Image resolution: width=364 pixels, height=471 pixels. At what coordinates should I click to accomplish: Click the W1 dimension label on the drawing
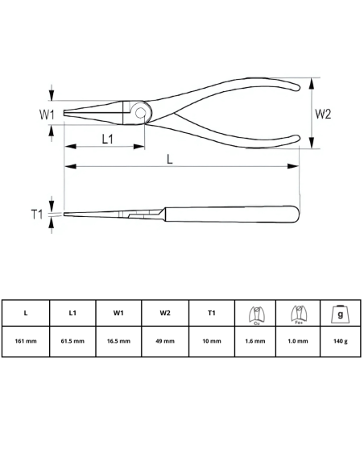(48, 115)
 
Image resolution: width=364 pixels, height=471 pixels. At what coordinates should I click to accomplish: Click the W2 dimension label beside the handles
(322, 114)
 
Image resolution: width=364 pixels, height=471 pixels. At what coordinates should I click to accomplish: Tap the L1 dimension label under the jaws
(107, 139)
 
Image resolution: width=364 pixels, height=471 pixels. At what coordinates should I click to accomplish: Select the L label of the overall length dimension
(170, 159)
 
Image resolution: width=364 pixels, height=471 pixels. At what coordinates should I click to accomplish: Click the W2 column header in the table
(165, 313)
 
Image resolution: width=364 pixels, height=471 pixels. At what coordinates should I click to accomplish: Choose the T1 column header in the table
(212, 313)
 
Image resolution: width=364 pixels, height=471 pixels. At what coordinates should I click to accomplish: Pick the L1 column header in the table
(72, 313)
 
